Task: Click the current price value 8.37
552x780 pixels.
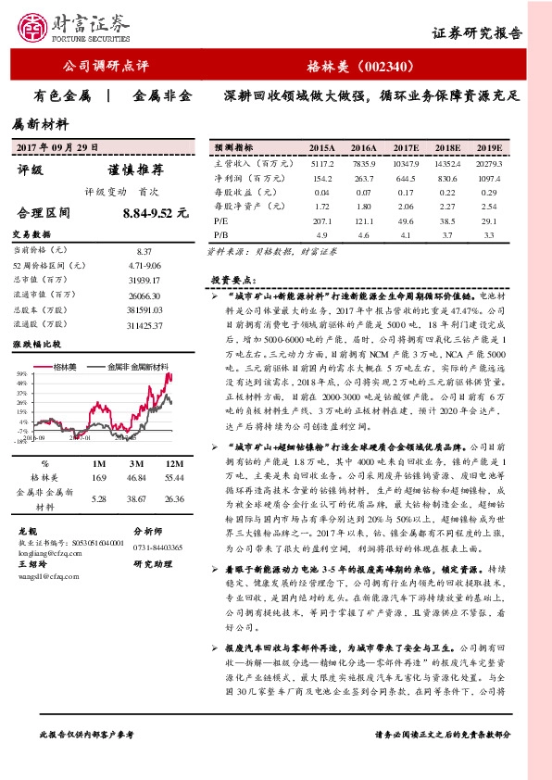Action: [x=143, y=252]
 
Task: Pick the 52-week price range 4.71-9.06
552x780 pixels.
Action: [x=143, y=265]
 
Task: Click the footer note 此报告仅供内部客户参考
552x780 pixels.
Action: [x=87, y=760]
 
